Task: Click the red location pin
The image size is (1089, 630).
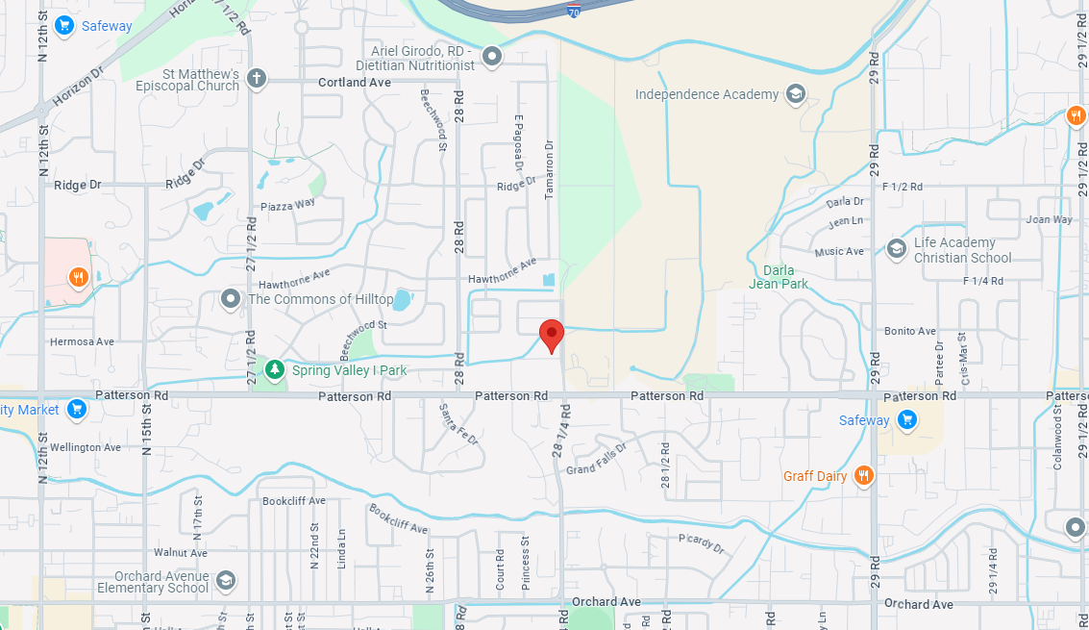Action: pos(551,335)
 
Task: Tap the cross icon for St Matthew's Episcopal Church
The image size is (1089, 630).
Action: pos(256,78)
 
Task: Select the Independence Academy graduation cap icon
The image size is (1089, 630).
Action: pos(795,94)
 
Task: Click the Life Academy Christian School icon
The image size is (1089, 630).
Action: pos(896,249)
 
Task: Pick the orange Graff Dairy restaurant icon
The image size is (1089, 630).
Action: pos(864,475)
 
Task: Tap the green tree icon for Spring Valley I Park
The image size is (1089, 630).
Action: pos(275,369)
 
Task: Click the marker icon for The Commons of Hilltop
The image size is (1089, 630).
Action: pos(231,299)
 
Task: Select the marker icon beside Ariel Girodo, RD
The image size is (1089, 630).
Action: pos(492,57)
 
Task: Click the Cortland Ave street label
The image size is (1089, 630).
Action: pos(355,83)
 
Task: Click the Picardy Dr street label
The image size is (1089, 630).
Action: pos(701,543)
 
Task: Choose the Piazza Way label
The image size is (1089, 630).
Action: pos(287,205)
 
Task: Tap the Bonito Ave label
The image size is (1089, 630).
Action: pos(910,331)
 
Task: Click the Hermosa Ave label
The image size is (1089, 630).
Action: pos(84,341)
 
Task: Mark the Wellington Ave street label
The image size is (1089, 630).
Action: pos(86,447)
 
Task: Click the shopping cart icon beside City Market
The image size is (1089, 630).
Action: pos(77,410)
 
